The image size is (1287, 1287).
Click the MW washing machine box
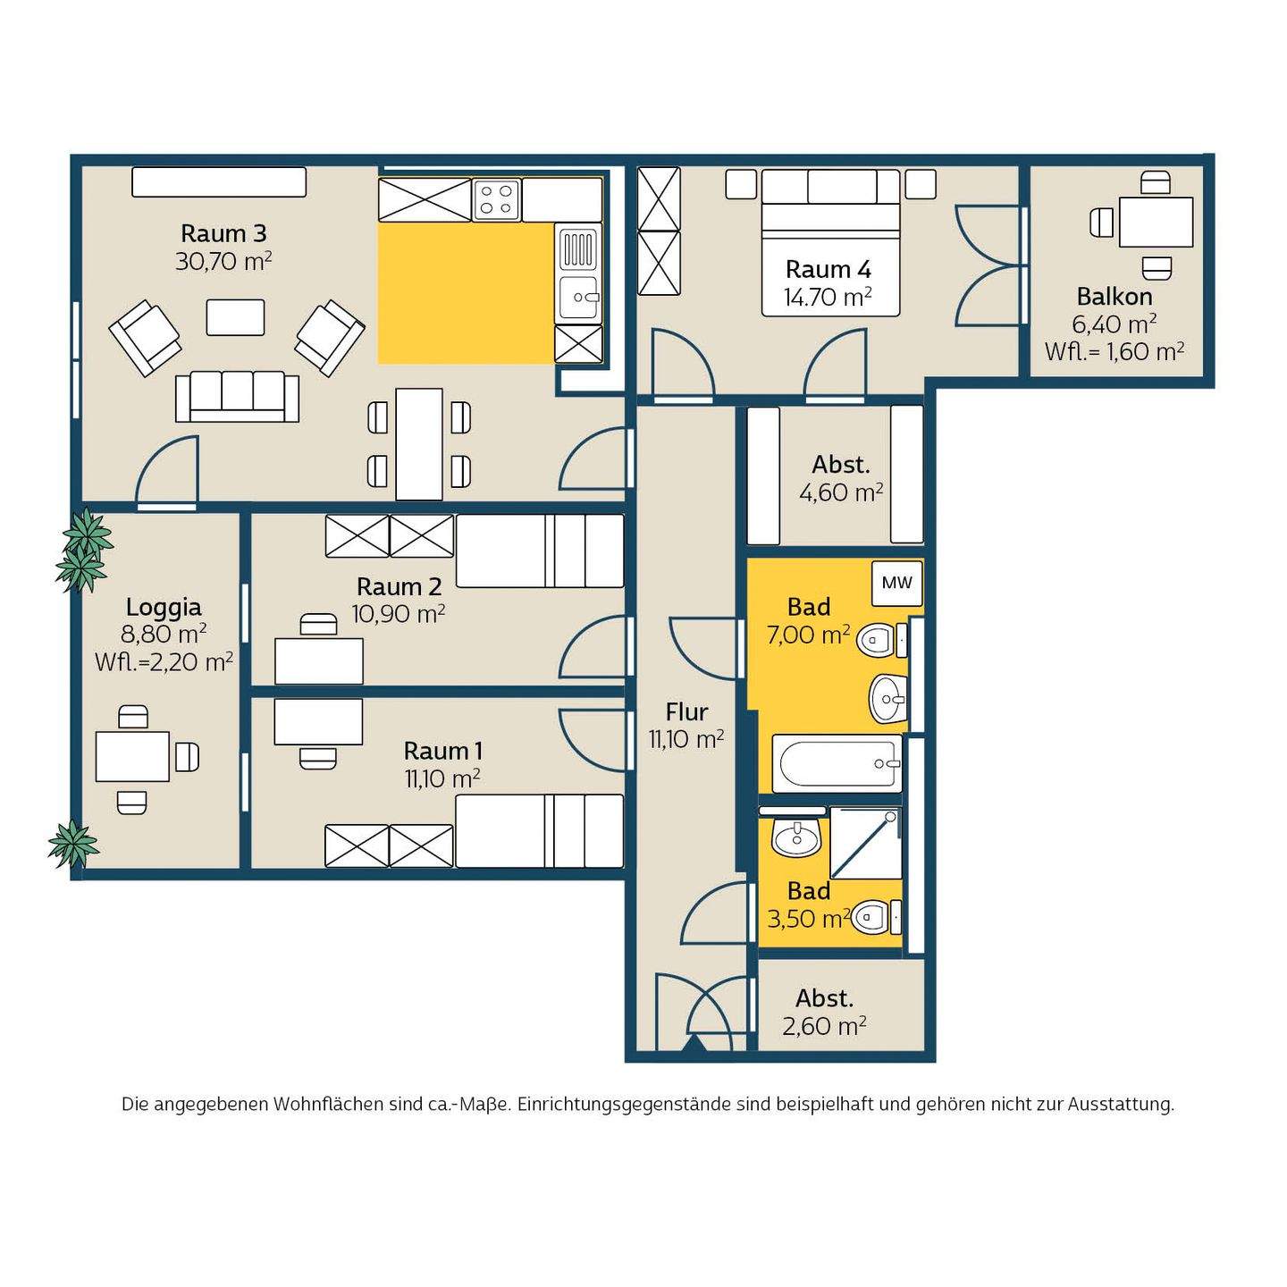897,583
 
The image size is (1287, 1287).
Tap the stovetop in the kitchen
496,199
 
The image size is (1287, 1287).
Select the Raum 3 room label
223,234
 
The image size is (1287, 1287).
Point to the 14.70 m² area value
829,297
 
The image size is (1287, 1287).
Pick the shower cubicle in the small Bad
865,843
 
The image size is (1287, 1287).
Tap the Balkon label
1115,296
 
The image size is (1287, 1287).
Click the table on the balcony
1157,222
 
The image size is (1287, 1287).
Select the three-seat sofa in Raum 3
237,398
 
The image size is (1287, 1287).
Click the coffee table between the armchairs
235,317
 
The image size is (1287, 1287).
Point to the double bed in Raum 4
830,242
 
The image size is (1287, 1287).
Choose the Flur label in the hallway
686,712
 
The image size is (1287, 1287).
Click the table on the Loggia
132,756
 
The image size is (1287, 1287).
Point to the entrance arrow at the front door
694,1044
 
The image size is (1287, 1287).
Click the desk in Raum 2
319,660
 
